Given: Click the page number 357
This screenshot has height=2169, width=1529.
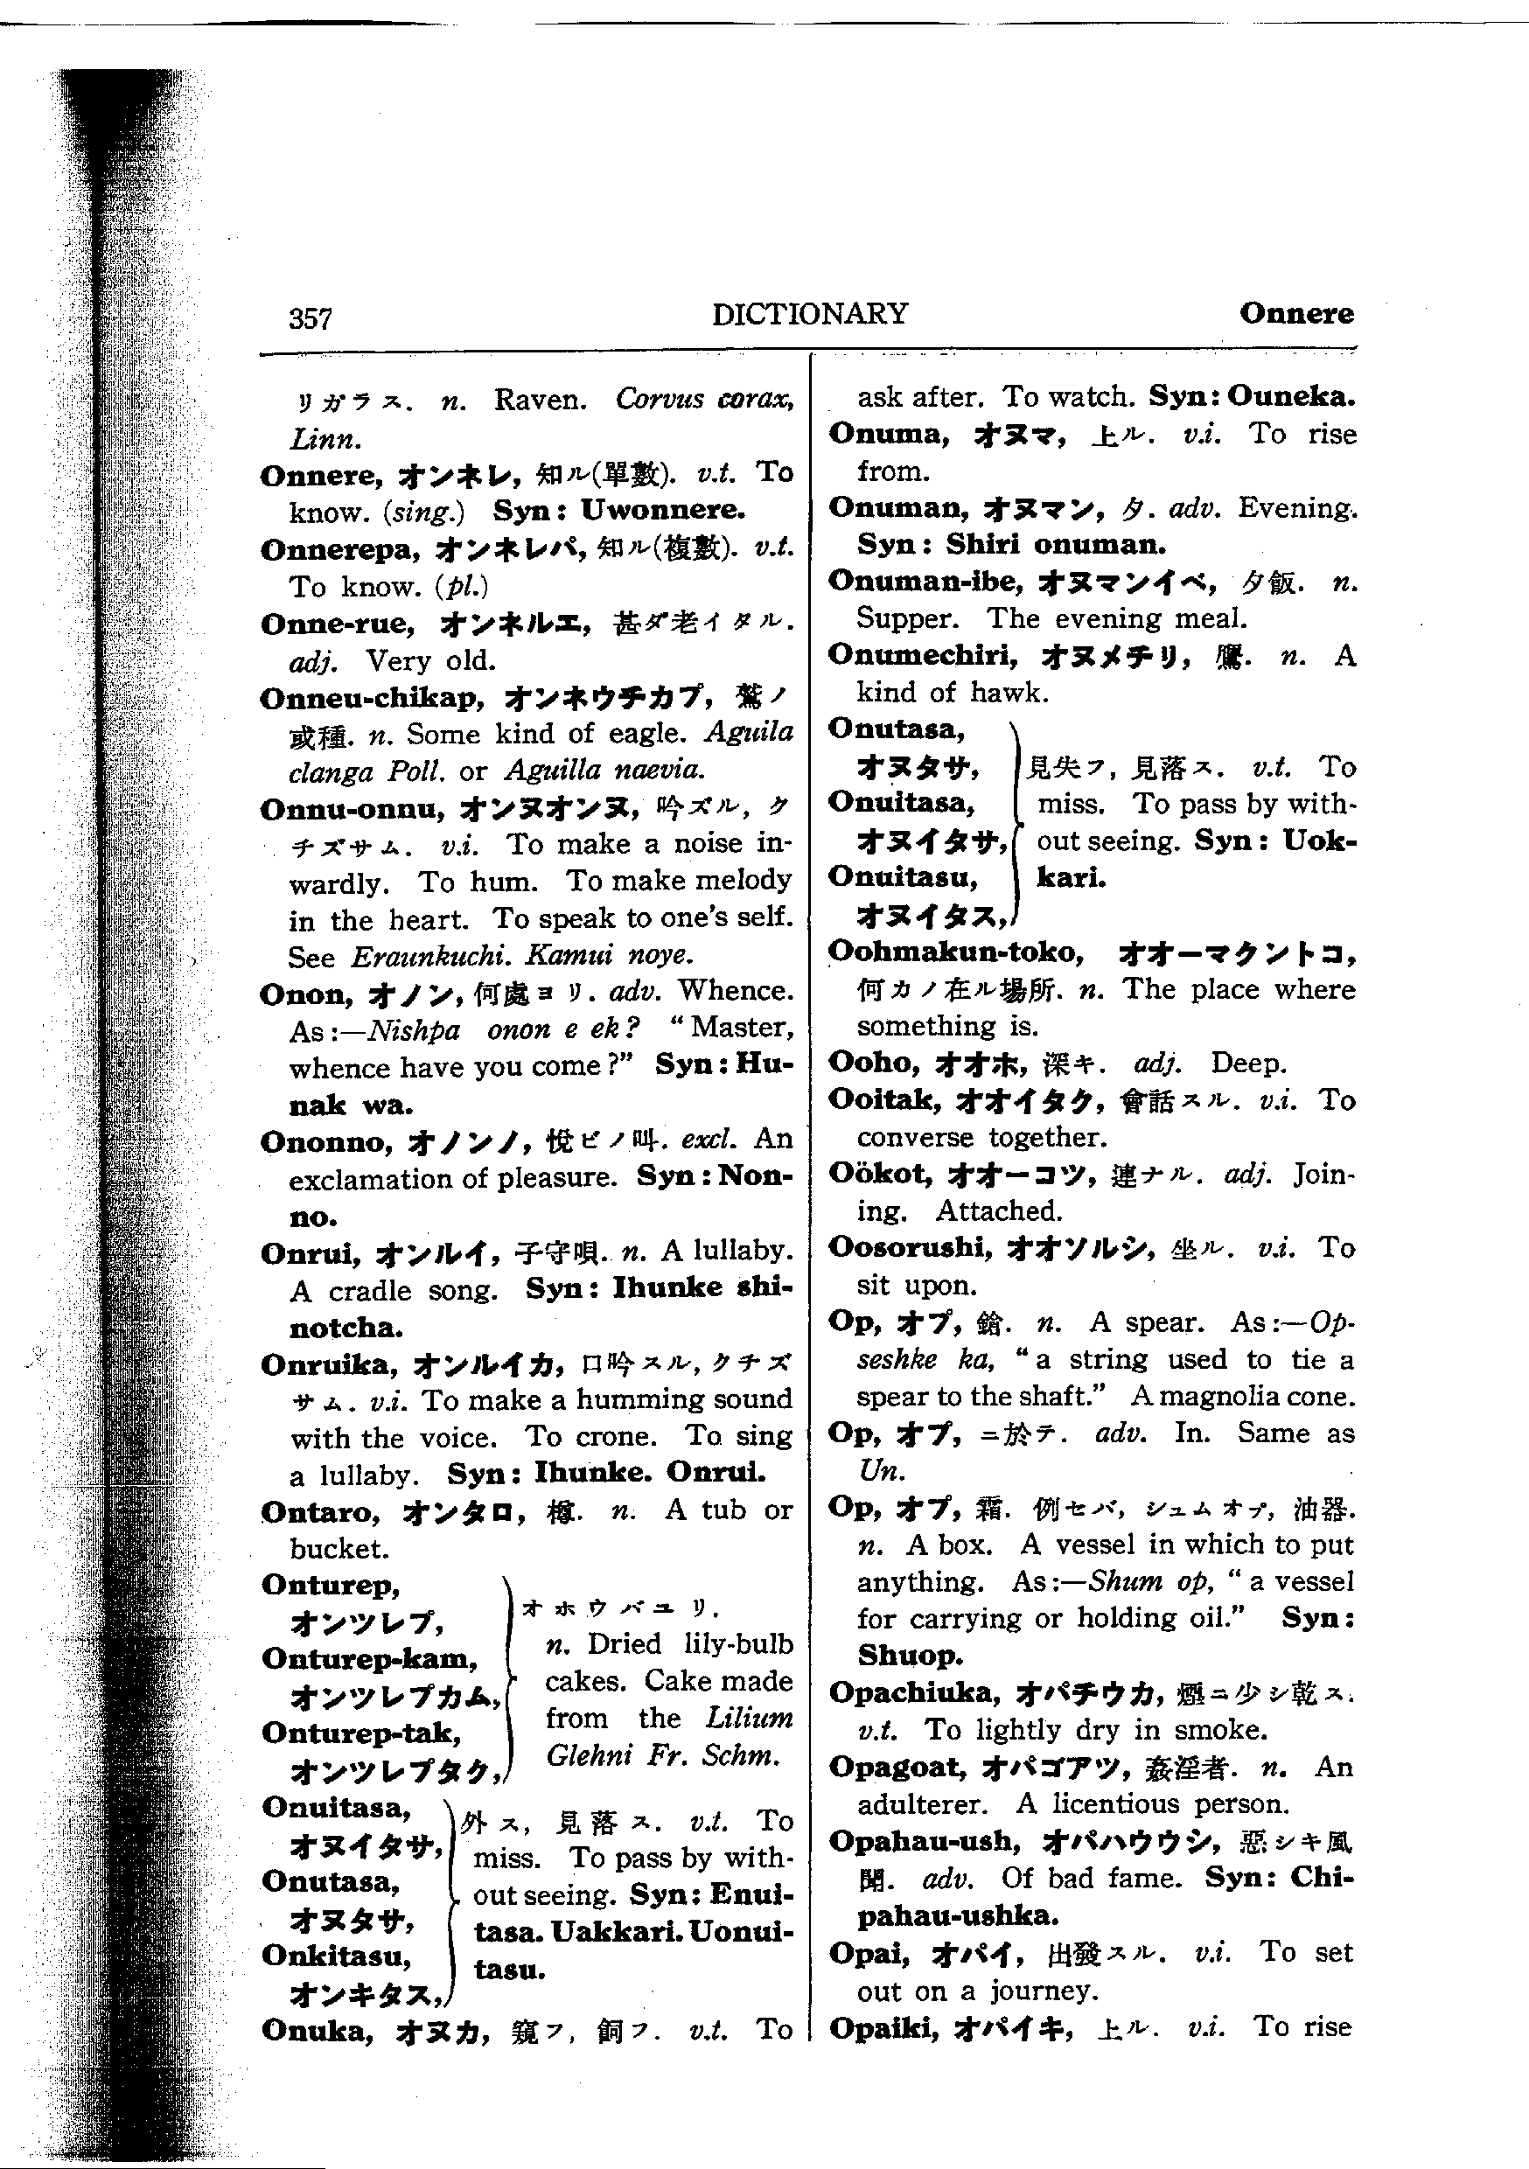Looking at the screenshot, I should pyautogui.click(x=310, y=318).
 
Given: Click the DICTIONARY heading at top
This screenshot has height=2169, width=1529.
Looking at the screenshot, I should pyautogui.click(x=810, y=314).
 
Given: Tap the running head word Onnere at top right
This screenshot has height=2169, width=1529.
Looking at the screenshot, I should pyautogui.click(x=1295, y=313).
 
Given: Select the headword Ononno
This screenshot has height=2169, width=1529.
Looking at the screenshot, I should pyautogui.click(x=326, y=1142).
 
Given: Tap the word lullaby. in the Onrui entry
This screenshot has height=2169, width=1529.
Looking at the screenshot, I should pyautogui.click(x=728, y=1251).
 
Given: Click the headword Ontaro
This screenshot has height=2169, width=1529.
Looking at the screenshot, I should pyautogui.click(x=320, y=1512).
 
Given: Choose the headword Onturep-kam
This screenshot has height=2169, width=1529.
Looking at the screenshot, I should pyautogui.click(x=369, y=1659).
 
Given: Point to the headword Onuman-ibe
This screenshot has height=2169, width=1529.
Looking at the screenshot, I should pyautogui.click(x=925, y=581).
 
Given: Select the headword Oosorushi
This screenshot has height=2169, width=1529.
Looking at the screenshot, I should pyautogui.click(x=910, y=1247).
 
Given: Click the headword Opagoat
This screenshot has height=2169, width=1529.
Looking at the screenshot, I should pyautogui.click(x=897, y=1767).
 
